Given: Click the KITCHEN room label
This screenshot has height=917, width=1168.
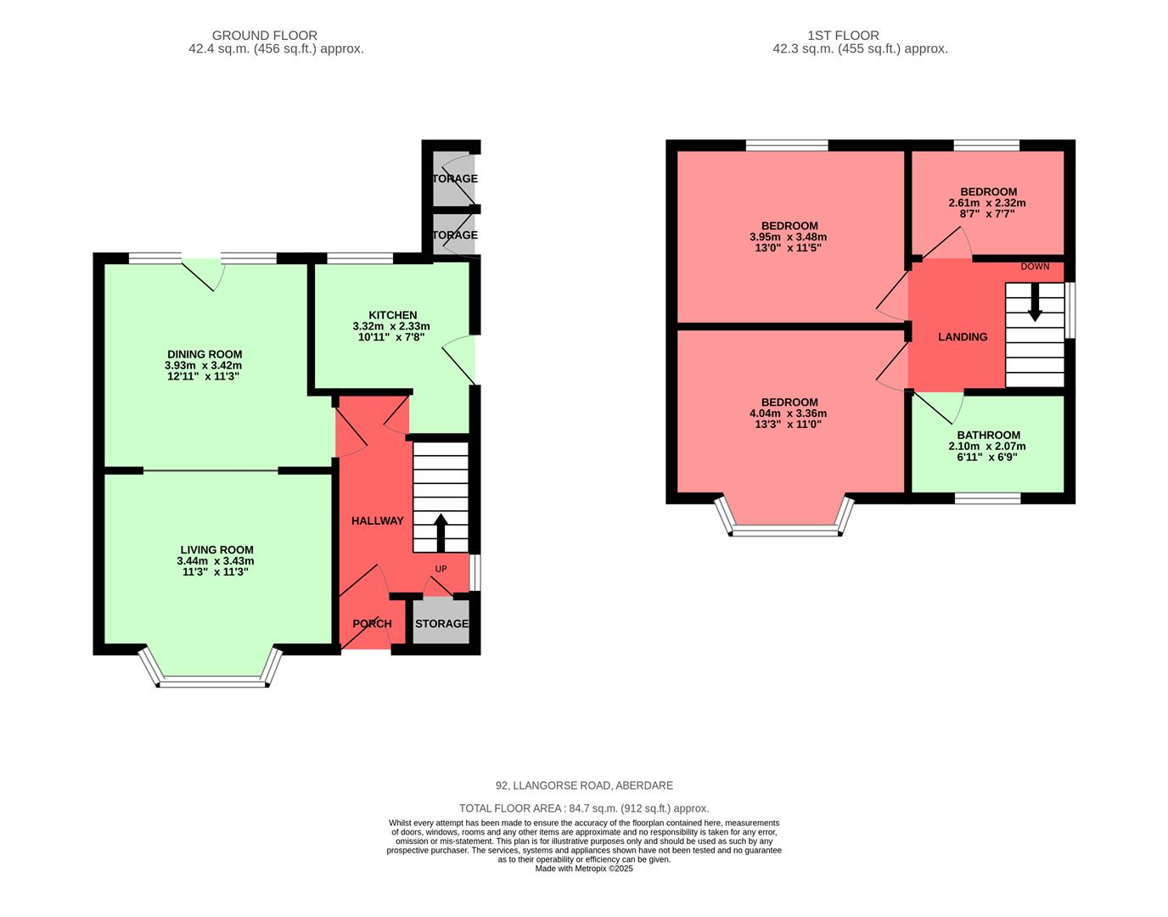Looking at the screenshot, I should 392,315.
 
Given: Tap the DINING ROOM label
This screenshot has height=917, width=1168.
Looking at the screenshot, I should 205,354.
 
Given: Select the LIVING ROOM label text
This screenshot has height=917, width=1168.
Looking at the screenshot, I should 216,549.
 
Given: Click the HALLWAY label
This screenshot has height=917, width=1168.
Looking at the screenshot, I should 378,520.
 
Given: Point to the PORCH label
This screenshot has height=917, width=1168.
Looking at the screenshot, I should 372,623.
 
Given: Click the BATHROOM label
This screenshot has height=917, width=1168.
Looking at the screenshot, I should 988,435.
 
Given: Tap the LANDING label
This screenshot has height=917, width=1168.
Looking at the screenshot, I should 963,337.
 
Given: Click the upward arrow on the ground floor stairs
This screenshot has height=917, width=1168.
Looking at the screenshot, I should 441,532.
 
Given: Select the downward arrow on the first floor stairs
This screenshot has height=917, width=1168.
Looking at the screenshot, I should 1035,303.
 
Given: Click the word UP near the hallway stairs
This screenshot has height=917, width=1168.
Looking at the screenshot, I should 441,569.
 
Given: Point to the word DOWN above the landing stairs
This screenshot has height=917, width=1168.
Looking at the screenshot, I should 1035,267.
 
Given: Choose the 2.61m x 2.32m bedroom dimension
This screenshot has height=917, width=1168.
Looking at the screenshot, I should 987,203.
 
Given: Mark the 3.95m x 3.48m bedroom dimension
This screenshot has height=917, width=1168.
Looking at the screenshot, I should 788,237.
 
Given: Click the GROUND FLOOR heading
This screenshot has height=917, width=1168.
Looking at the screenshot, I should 265,36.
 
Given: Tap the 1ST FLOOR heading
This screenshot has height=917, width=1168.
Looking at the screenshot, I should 843,36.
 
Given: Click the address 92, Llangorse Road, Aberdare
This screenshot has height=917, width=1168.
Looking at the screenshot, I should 584,785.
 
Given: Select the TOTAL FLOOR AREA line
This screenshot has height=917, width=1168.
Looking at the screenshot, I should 584,808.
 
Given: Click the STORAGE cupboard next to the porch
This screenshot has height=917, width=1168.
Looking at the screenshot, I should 441,623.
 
